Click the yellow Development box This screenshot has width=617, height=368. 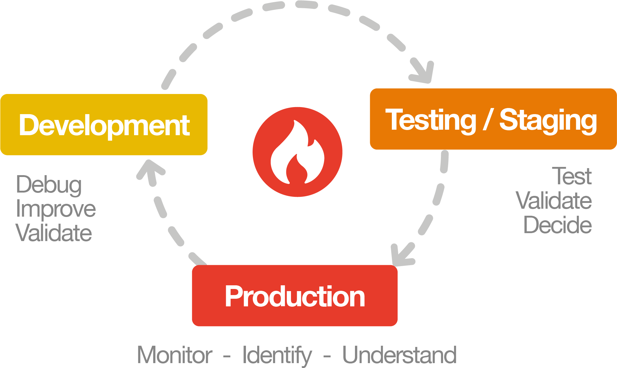(104, 124)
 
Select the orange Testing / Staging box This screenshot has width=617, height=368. (493, 119)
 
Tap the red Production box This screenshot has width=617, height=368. (295, 295)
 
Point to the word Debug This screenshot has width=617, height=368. (49, 185)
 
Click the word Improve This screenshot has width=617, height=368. (56, 209)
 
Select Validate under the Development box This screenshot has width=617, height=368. (54, 233)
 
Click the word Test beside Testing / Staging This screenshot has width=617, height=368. (572, 176)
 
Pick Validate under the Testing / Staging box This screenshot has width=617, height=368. (554, 200)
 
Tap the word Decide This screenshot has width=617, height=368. (558, 225)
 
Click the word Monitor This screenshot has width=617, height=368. (175, 355)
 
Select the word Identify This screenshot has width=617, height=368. (277, 356)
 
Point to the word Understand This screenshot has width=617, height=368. (399, 355)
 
